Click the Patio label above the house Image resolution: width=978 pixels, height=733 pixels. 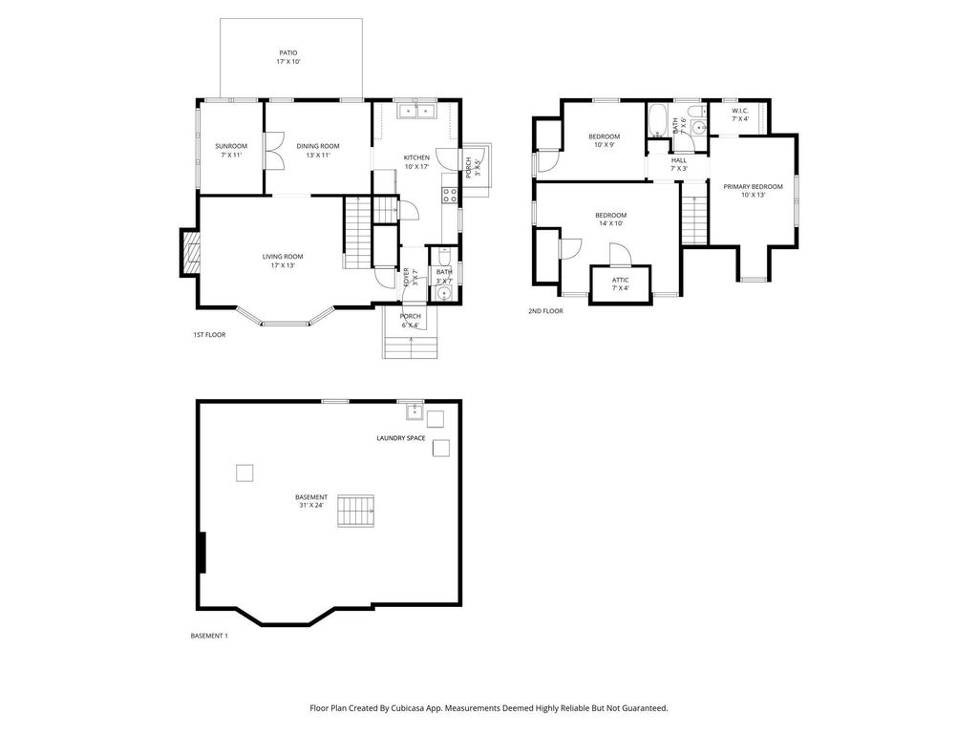coord(287,53)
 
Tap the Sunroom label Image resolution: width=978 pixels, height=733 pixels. coord(230,146)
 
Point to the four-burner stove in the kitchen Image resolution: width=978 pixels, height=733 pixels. coord(448,195)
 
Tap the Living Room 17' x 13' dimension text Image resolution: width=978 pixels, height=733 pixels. coord(283,265)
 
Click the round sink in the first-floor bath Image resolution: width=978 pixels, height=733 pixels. coord(442,293)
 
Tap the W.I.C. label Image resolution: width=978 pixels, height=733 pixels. coord(740,112)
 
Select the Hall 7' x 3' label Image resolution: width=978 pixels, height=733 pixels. coord(679,164)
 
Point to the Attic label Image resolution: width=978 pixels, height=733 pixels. coord(621,283)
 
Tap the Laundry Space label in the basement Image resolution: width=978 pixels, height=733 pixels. coord(400,438)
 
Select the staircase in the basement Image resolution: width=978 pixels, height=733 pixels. coord(357,511)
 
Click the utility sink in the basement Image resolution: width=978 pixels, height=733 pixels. coord(414,411)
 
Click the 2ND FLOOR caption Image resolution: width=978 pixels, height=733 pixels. coord(545,310)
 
